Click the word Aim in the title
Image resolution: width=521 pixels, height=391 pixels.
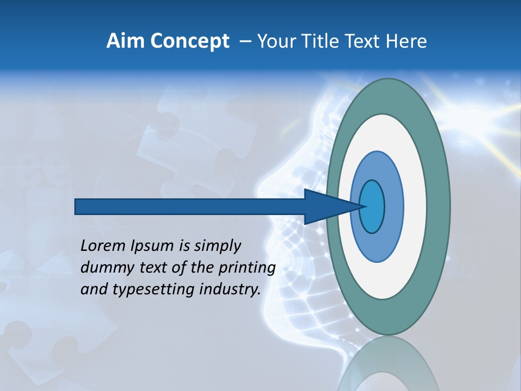(122, 41)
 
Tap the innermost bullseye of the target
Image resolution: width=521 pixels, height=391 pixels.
(372, 206)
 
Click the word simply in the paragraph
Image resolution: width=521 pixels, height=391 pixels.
(217, 246)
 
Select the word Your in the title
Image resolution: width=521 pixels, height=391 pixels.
(276, 41)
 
